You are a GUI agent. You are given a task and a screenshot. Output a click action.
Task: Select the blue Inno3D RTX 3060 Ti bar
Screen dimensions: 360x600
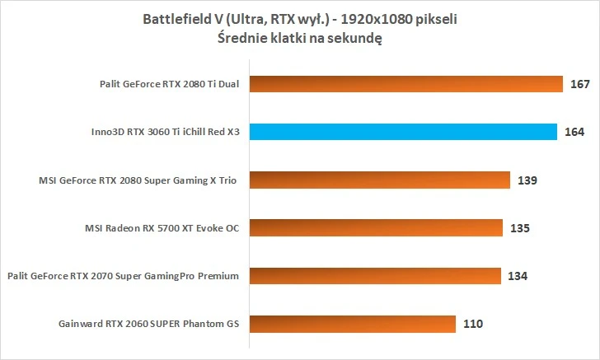[404, 132]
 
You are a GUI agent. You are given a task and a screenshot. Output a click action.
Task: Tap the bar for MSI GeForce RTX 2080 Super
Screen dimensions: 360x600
[378, 180]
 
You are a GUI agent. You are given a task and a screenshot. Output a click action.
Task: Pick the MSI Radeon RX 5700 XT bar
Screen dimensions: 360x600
[376, 228]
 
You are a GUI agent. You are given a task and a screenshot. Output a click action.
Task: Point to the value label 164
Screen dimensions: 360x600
[575, 132]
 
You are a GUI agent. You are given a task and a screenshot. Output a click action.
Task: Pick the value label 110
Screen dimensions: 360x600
[473, 324]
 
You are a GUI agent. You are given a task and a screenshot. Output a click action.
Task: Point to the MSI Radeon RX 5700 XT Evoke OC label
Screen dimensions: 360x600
[162, 228]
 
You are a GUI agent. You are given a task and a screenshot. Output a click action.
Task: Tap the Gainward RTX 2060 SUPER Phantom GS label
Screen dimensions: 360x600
[149, 324]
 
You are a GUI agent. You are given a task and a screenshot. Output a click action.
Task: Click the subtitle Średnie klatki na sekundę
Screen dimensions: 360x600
[300, 37]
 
